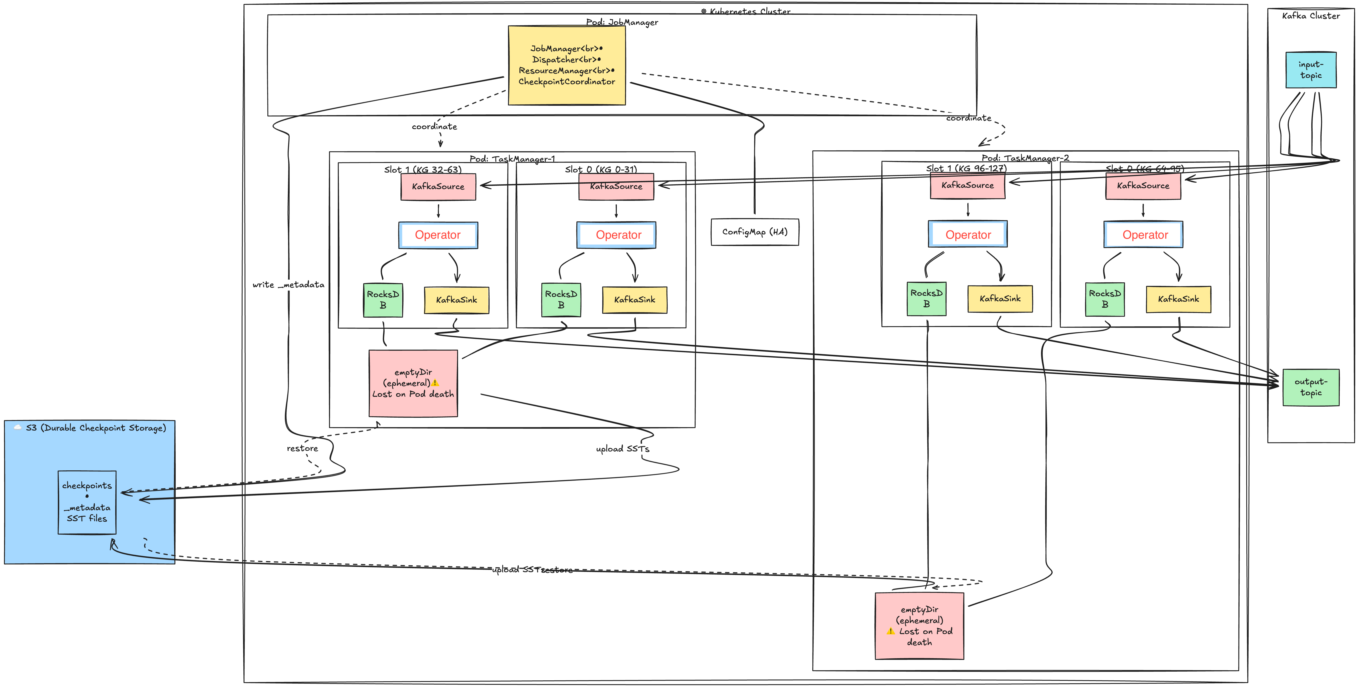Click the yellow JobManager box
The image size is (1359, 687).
567,66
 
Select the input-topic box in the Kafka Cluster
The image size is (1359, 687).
1310,70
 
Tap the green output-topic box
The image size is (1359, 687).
1310,387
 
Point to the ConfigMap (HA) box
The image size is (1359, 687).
754,232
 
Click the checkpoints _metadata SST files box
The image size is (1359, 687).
87,502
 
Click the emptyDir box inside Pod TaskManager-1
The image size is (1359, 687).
413,383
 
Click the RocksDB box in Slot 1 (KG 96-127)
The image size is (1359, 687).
926,299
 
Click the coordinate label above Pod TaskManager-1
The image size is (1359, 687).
434,127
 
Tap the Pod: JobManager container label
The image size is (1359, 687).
622,22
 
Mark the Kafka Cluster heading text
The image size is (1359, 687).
1310,16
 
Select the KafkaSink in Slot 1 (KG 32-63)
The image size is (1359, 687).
456,300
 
